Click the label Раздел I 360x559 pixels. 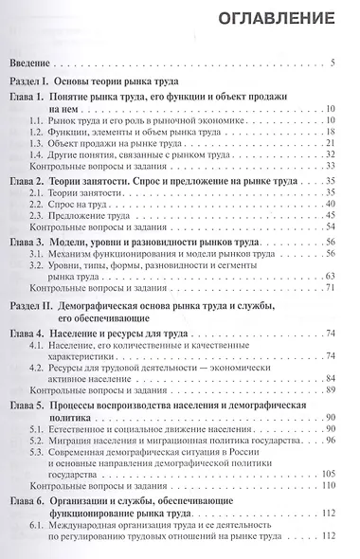pos(33,82)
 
